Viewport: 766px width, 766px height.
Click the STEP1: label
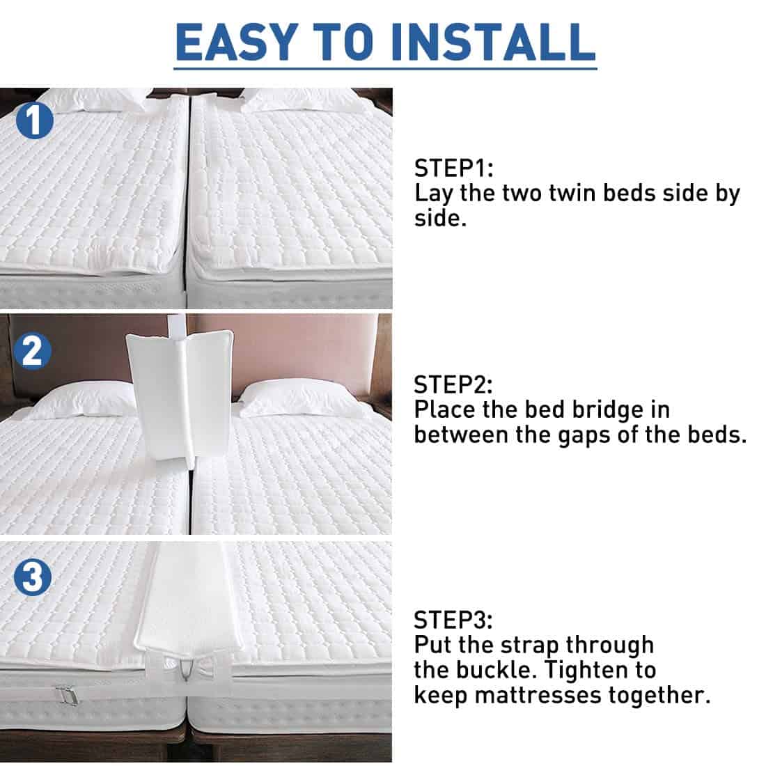453,169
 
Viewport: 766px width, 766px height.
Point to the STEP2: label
453,384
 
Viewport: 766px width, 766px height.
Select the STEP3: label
453,620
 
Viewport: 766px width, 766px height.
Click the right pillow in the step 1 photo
299,100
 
